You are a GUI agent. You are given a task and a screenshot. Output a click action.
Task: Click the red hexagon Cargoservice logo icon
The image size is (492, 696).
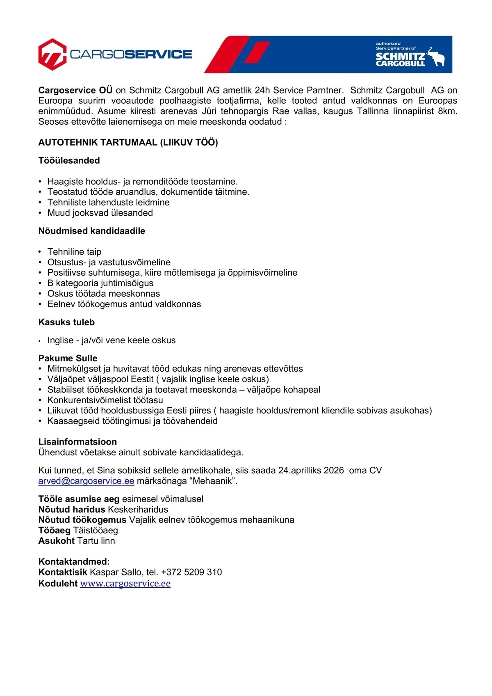52,54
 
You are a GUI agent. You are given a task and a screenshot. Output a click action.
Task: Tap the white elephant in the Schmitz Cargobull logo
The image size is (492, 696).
436,57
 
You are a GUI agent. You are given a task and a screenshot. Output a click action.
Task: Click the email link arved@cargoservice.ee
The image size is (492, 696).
86,481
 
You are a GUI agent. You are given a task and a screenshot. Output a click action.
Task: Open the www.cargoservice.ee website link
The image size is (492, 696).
125,583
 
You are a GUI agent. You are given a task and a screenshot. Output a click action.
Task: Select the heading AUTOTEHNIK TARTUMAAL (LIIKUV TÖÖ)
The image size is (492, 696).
128,142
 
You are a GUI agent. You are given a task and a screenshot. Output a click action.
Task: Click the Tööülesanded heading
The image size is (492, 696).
69,160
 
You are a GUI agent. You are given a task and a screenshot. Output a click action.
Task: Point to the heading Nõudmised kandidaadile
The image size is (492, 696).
91,231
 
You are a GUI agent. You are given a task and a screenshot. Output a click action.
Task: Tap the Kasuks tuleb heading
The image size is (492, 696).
66,322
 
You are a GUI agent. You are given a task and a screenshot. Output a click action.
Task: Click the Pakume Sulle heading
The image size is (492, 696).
68,358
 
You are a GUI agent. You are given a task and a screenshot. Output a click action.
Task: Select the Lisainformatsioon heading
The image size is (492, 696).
77,442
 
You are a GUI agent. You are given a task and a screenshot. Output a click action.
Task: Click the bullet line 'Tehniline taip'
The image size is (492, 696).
74,252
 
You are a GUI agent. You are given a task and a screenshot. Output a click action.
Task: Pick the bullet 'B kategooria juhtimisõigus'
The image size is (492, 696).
100,283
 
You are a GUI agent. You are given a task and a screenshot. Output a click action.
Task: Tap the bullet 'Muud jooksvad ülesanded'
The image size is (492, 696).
100,213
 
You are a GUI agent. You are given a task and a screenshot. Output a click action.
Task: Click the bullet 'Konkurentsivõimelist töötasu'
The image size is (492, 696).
105,400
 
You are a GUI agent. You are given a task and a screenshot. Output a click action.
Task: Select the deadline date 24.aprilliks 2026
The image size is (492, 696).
311,470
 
